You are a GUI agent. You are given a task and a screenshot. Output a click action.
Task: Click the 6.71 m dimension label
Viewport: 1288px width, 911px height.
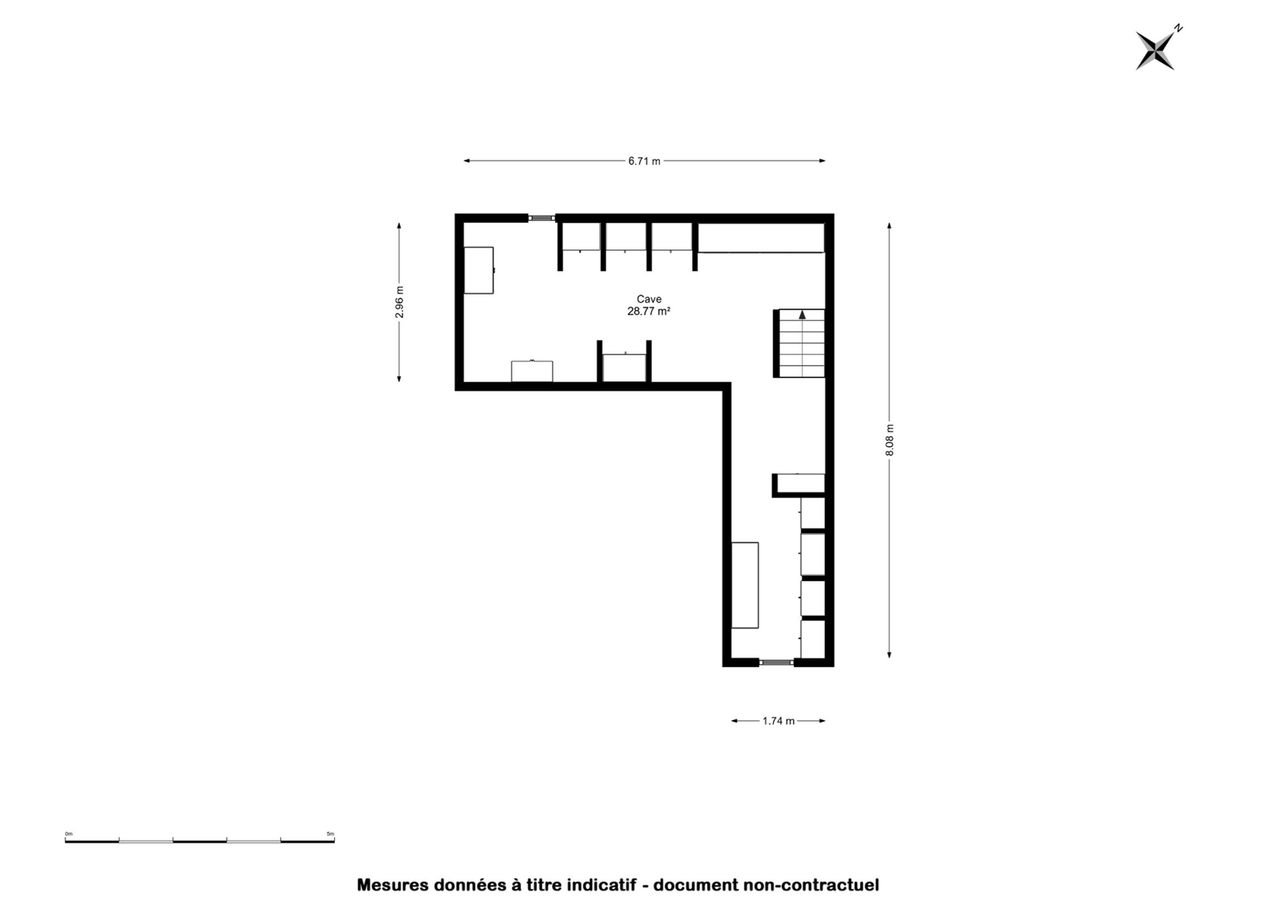click(644, 161)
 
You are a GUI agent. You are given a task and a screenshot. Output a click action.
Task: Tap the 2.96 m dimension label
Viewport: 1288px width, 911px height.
click(399, 302)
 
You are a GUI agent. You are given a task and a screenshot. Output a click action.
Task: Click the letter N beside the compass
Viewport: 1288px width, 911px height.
click(1179, 28)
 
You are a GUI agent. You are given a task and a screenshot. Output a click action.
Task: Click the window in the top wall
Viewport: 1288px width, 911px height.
click(542, 218)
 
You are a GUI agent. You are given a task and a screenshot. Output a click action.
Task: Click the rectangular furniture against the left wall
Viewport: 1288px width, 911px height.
click(479, 270)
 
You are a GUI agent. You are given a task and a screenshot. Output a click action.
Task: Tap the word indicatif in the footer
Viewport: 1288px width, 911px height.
click(602, 885)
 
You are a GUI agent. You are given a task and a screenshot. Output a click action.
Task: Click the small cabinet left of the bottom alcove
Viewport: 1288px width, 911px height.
click(532, 372)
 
